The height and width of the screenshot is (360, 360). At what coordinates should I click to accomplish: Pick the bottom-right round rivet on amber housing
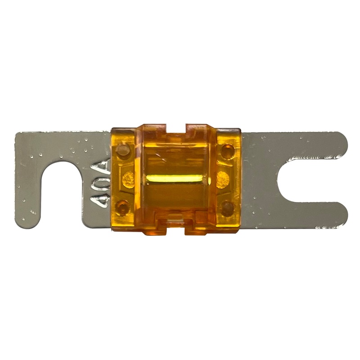pyautogui.click(x=228, y=207)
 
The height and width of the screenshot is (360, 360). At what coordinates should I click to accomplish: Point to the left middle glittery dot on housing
pyautogui.click(x=128, y=180)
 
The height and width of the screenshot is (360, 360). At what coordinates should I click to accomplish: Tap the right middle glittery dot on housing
pyautogui.click(x=223, y=180)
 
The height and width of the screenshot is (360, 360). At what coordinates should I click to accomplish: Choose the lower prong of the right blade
pyautogui.click(x=310, y=215)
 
